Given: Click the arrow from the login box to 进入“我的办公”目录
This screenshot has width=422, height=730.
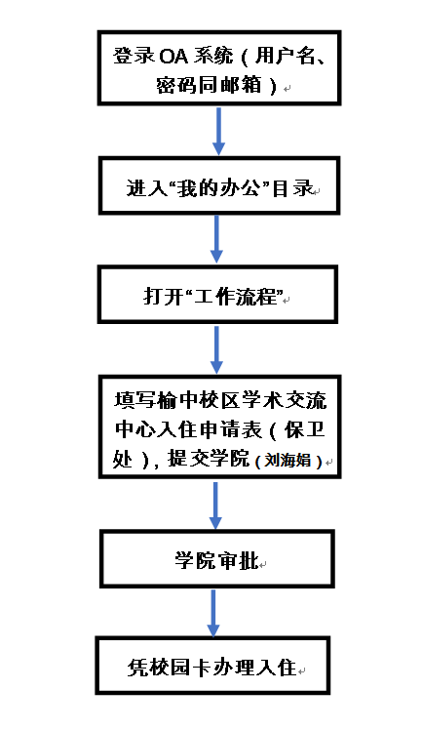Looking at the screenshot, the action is point(219,131).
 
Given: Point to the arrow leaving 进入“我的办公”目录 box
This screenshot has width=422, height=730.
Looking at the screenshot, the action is point(216,240).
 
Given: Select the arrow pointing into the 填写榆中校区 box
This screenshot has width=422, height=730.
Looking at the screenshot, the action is point(216,349).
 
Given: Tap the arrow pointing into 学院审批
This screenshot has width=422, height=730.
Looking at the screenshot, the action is point(215,505).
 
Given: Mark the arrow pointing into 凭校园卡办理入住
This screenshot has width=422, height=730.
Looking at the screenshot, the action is point(213,612).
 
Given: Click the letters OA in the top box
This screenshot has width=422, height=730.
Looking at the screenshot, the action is point(173,57).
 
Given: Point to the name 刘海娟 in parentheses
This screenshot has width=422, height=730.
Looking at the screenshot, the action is point(288,460).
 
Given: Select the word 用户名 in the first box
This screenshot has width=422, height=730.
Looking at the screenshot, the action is point(283,56).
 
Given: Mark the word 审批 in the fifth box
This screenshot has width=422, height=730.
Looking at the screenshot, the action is point(237,559).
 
